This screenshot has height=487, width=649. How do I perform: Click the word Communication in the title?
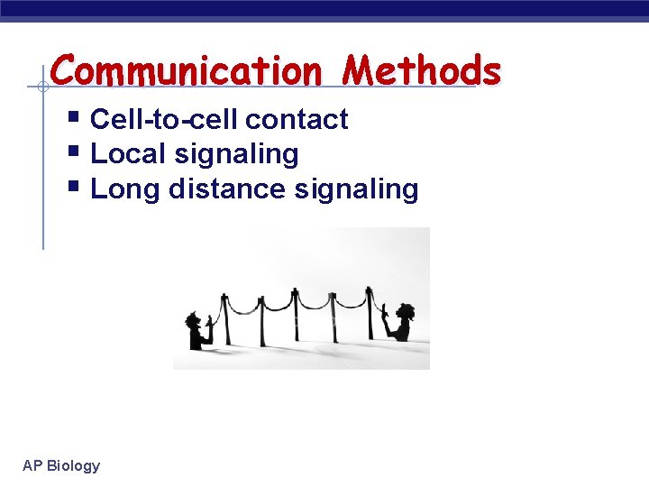pos(186,69)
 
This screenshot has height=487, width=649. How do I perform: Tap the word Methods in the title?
pos(423,69)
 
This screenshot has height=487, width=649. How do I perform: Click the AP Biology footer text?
pos(61,465)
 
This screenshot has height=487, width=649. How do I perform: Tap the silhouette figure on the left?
pos(197,328)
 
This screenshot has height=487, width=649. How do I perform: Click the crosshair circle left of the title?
pos(42,87)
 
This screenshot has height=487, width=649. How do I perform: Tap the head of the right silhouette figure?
pos(405,311)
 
